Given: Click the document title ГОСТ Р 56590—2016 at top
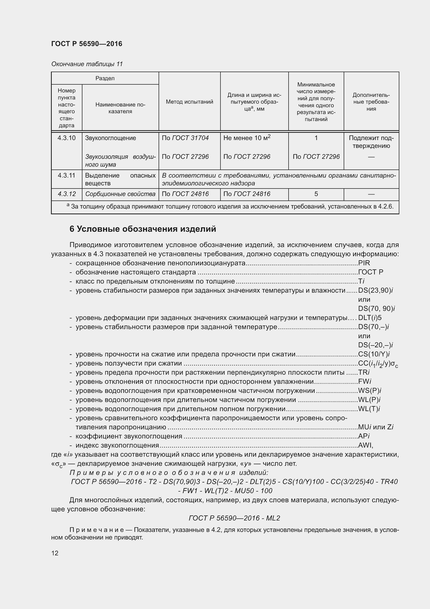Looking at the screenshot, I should (87, 44).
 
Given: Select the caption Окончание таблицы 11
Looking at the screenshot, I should (87, 64).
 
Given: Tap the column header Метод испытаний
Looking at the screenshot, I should (189, 102).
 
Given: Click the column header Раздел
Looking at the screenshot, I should (105, 78).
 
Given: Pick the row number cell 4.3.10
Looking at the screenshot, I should (67, 138).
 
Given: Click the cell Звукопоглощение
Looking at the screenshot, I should (110, 138).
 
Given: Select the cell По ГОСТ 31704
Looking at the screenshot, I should (185, 138).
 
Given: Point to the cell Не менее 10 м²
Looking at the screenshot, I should (247, 138).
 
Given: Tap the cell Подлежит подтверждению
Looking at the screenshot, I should (371, 142).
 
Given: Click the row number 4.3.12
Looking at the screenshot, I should (67, 194).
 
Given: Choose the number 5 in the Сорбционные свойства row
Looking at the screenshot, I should (316, 194).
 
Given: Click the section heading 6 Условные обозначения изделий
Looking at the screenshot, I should (143, 229).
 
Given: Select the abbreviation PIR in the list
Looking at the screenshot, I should (364, 263).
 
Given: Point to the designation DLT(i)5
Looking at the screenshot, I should (370, 317).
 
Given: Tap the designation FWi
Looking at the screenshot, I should (364, 381).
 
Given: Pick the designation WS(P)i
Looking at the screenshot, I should (369, 391).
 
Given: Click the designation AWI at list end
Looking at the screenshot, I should (365, 445).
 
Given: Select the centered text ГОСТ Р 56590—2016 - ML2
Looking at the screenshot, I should (234, 518).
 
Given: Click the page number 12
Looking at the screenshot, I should (55, 553).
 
